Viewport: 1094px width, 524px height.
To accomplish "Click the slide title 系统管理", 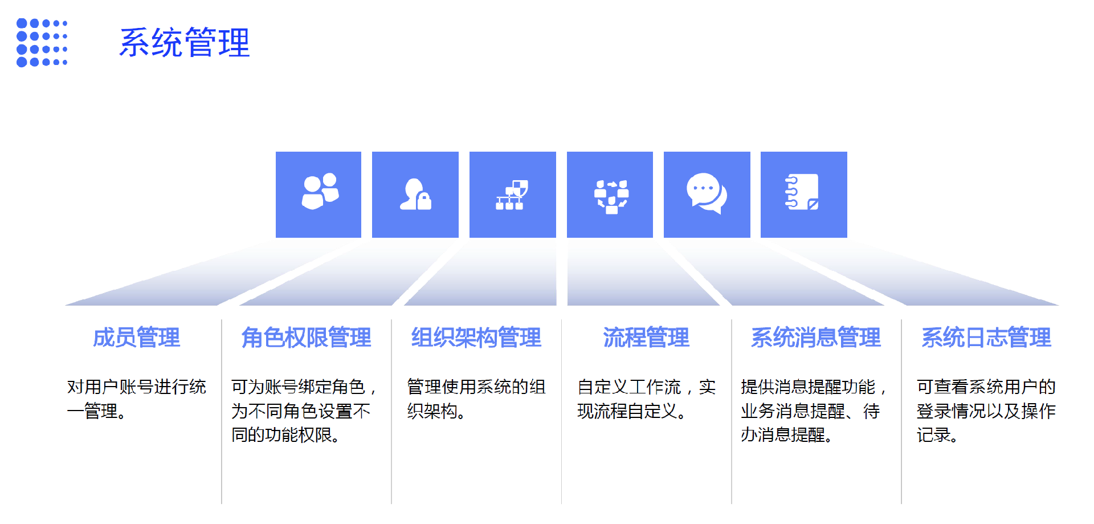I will tap(184, 43).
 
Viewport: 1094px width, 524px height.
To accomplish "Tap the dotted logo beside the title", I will tap(42, 43).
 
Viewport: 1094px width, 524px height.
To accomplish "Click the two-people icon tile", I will tap(319, 194).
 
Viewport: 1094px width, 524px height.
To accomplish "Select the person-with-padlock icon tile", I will tap(415, 194).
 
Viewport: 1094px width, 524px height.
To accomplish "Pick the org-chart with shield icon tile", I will tap(512, 194).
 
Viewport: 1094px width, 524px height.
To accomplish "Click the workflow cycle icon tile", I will tap(610, 194).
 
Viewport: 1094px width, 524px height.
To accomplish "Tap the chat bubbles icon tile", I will tap(707, 194).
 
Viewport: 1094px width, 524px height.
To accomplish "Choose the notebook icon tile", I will tap(803, 194).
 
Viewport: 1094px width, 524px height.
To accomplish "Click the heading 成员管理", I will tap(137, 338).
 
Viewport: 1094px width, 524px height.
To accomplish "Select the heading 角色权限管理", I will tap(306, 338).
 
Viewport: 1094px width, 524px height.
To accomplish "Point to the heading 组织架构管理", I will tap(476, 338).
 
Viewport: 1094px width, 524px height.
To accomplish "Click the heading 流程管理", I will tap(646, 338).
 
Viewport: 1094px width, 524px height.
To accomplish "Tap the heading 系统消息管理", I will tap(816, 338).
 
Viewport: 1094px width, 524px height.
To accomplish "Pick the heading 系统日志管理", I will tap(986, 338).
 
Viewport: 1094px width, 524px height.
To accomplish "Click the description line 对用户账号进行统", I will tap(137, 387).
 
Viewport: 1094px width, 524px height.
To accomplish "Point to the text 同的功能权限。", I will tap(285, 435).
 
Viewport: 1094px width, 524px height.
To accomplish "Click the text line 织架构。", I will tap(436, 411).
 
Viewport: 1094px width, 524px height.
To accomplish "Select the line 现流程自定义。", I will tap(631, 411).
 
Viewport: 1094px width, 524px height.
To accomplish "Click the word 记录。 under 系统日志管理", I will tap(937, 435).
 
